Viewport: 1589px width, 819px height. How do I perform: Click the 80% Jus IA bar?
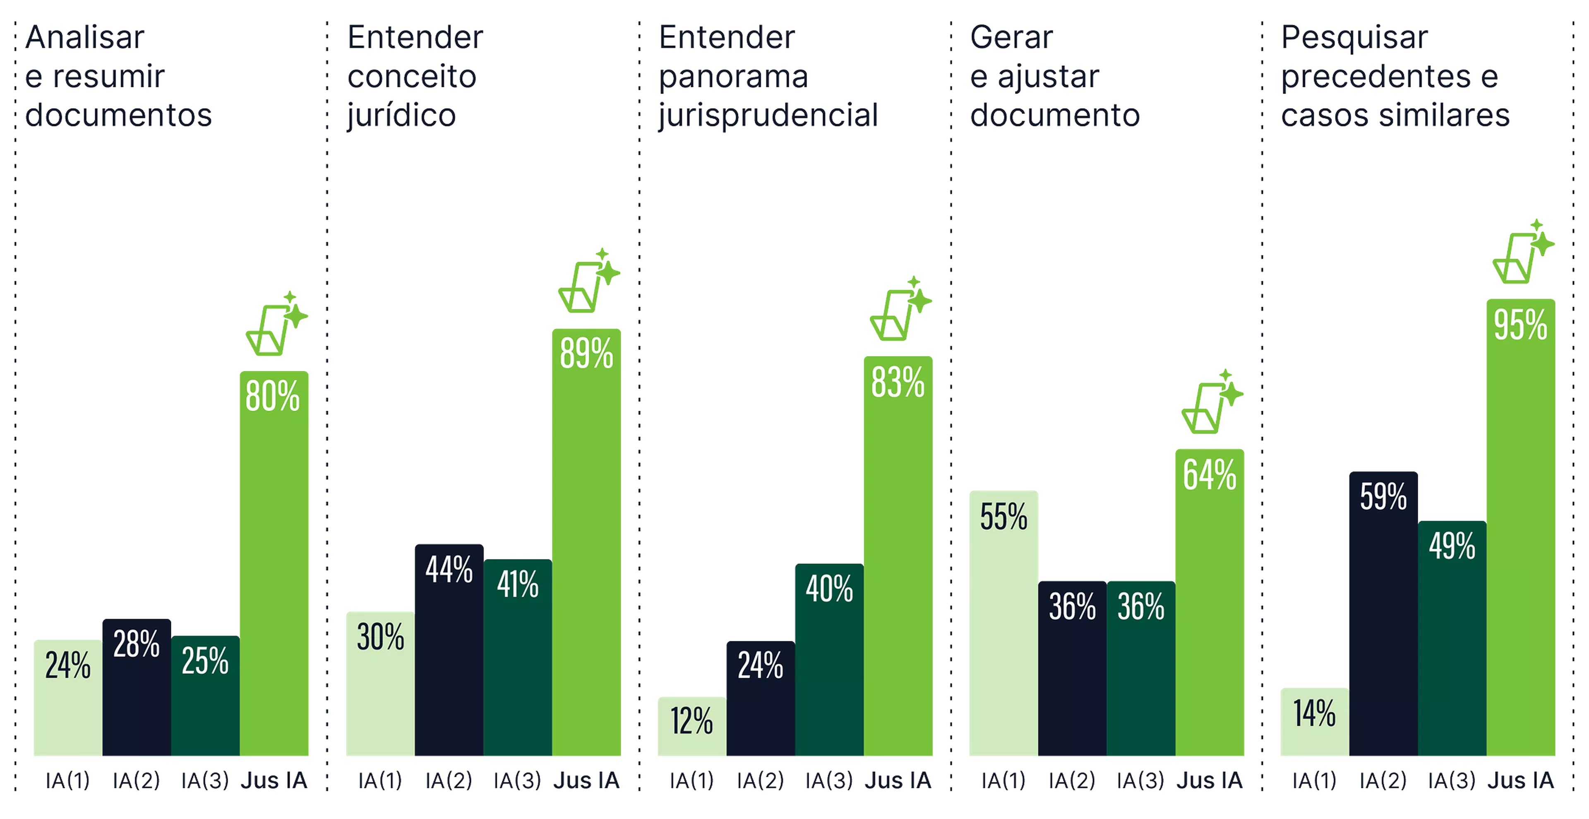274,561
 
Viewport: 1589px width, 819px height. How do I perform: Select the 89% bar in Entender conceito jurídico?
587,543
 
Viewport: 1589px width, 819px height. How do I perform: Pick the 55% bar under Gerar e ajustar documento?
1003,623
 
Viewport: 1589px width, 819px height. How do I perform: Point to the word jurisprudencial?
768,116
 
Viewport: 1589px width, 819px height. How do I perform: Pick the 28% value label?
136,644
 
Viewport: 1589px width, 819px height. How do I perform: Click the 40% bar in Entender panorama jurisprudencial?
829,660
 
